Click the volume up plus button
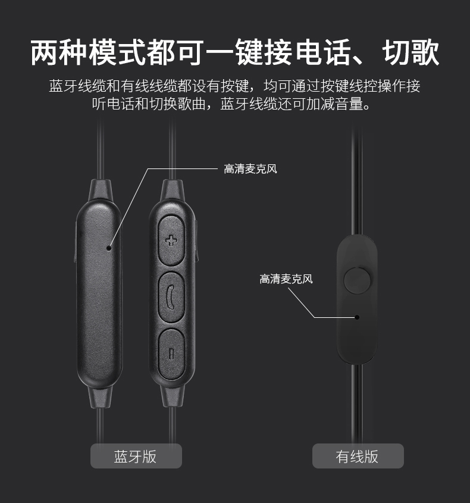pos(171,240)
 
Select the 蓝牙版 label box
pos(136,456)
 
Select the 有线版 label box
pos(358,456)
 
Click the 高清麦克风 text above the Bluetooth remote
pos(250,169)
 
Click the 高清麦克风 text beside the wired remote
pos(286,279)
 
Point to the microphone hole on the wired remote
pos(357,317)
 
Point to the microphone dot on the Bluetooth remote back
pos(108,247)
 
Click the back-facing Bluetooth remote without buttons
pos(99,298)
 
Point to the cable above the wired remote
pos(357,179)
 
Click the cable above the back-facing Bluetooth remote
pos(101,149)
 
